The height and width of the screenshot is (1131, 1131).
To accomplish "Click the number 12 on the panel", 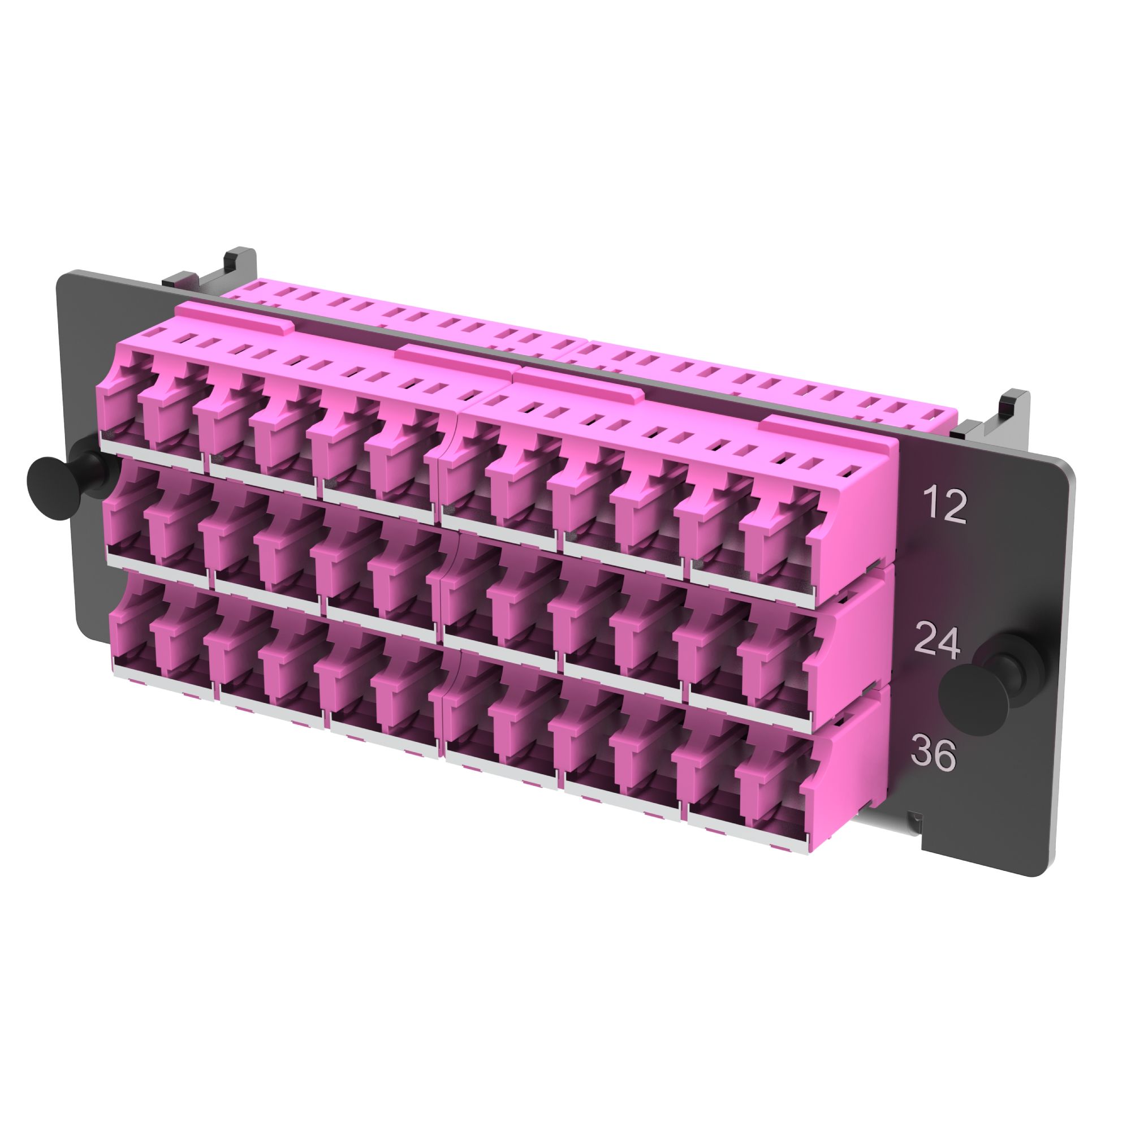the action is click(x=944, y=506).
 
